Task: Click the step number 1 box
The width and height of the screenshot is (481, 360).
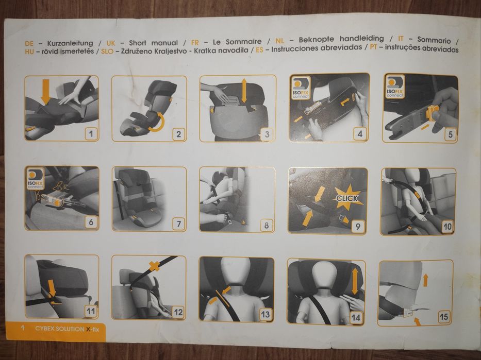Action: click(91, 134)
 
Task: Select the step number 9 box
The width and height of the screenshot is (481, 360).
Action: click(358, 225)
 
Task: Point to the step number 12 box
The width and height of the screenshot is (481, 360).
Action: click(178, 312)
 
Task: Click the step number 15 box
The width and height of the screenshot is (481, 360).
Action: click(444, 317)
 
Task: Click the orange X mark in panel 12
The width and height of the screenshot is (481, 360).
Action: click(153, 266)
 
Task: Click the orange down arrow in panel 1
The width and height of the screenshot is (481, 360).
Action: click(45, 91)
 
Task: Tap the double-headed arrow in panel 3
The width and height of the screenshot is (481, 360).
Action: click(244, 91)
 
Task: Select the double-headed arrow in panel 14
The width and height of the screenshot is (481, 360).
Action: click(355, 281)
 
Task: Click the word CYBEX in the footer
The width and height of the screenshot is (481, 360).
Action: click(47, 328)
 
